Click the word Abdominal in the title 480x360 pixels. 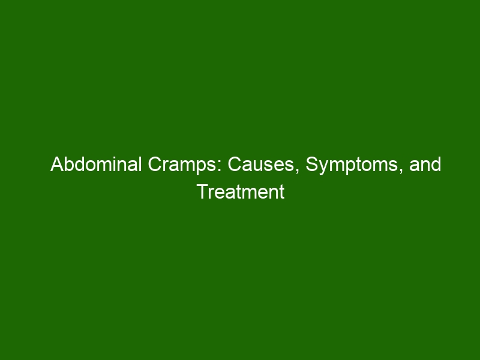96,164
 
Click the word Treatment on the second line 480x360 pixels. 241,192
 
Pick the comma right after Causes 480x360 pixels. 298,171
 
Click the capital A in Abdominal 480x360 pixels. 57,164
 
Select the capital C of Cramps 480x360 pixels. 155,164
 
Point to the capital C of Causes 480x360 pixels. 235,164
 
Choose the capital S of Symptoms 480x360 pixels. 312,164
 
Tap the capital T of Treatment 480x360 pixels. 203,191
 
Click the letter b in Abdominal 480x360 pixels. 70,164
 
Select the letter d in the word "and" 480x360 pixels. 436,164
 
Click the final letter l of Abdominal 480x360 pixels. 140,164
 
